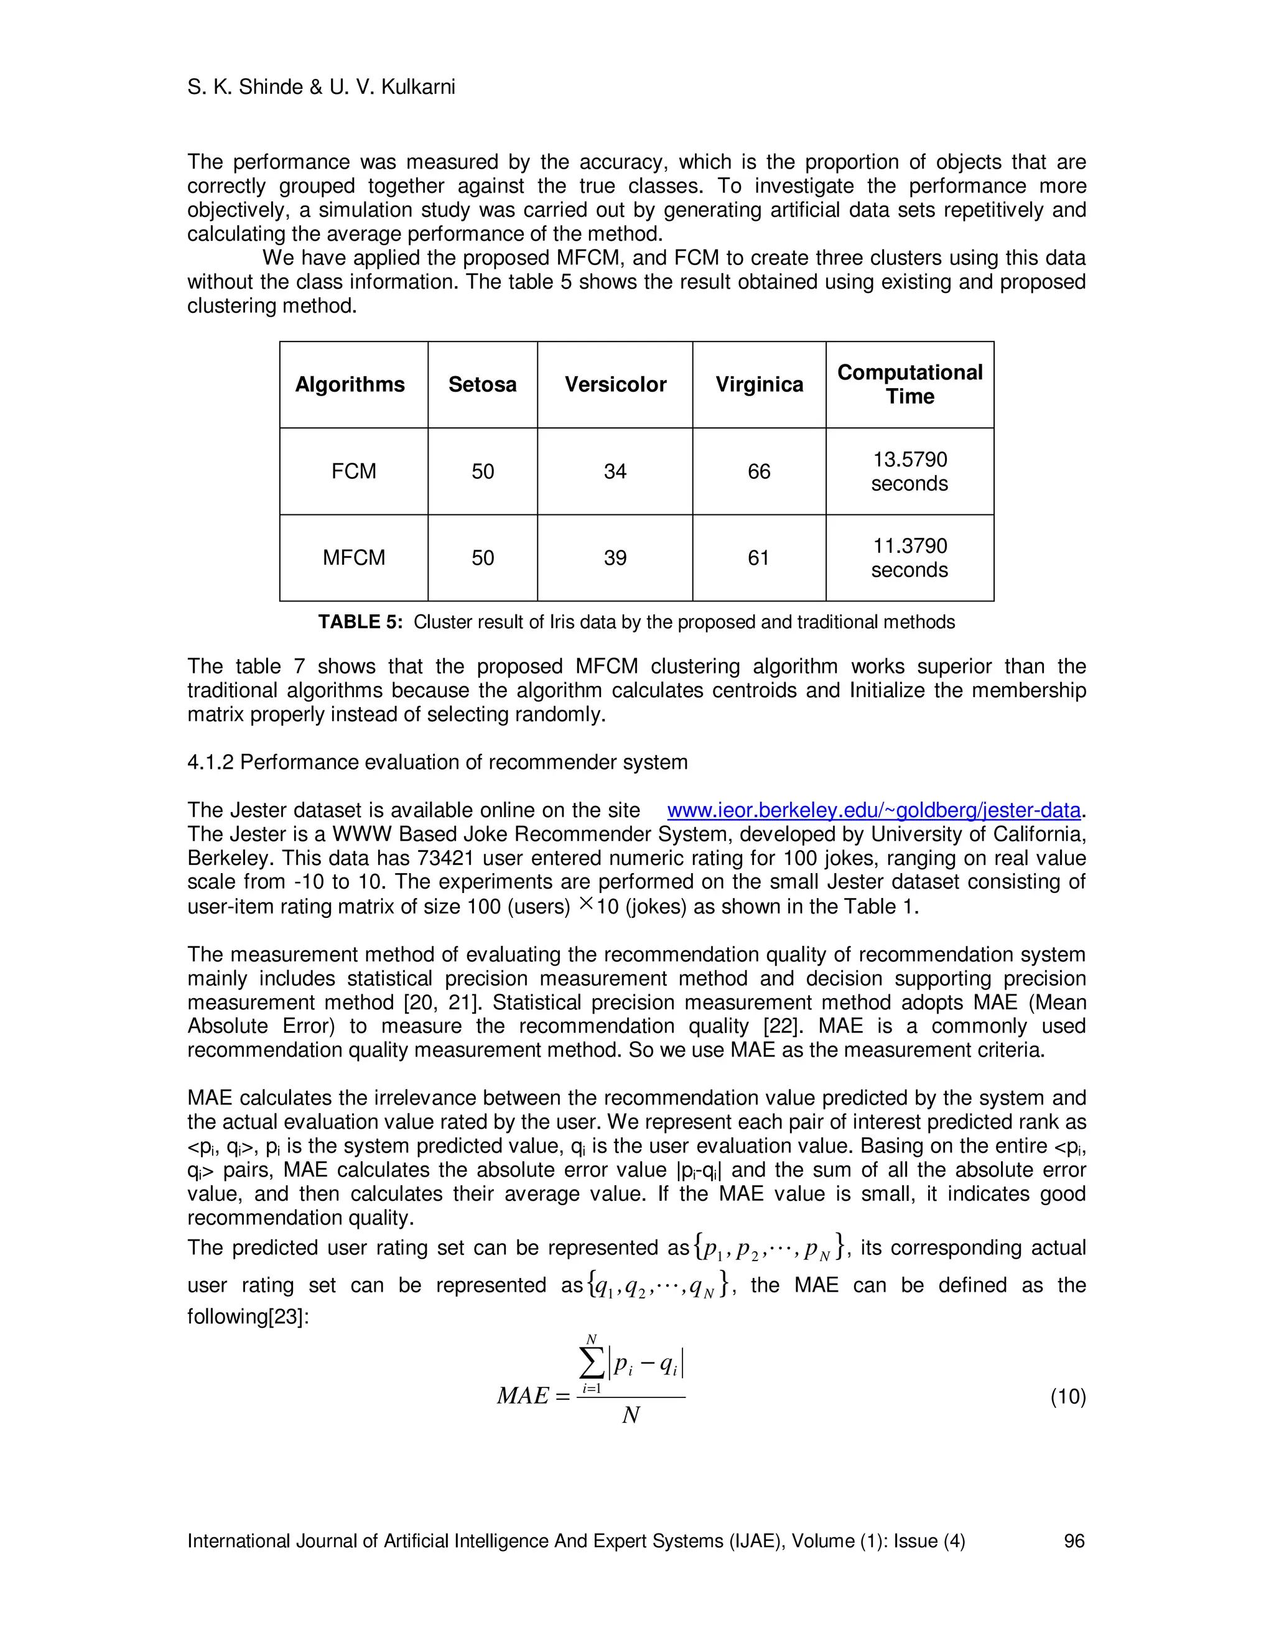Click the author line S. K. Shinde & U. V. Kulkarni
click(x=321, y=88)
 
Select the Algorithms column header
click(x=350, y=385)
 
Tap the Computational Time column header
click(x=909, y=385)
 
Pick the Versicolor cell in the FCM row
click(x=615, y=471)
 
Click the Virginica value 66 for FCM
click(x=758, y=471)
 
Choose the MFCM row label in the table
click(x=353, y=558)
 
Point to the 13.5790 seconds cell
click(x=909, y=471)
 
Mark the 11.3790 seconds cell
click(x=909, y=558)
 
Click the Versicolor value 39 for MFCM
click(x=615, y=558)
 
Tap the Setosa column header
click(x=482, y=385)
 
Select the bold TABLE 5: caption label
click(x=360, y=622)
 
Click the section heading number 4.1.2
click(x=210, y=762)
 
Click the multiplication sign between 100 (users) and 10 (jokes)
click(x=585, y=904)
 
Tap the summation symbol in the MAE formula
click(x=592, y=1364)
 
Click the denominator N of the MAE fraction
click(x=631, y=1415)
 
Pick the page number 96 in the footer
click(x=1073, y=1541)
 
